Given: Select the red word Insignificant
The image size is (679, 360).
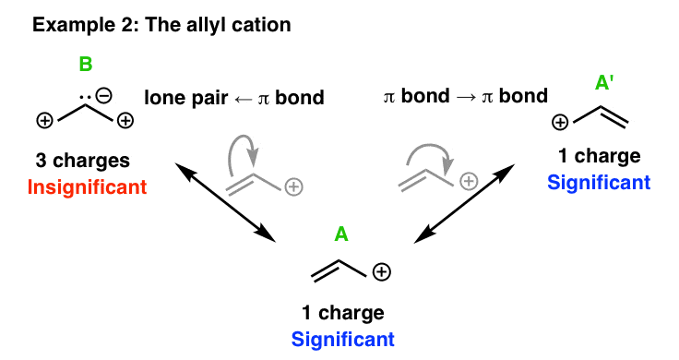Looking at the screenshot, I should click(x=88, y=186).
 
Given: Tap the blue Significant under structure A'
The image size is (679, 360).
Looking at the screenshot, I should click(x=599, y=182).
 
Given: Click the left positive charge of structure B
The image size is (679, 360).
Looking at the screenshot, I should click(x=42, y=120).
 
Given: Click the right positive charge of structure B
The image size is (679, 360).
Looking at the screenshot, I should click(x=127, y=120).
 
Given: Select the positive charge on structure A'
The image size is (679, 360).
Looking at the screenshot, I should click(x=558, y=121).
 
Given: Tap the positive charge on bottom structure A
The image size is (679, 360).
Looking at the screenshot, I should click(x=382, y=271).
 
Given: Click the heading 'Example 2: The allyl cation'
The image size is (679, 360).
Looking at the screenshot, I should click(x=162, y=25).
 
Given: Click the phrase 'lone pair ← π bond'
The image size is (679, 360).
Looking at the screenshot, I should click(x=233, y=96).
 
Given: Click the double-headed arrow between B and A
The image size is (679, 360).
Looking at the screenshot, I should click(x=225, y=200).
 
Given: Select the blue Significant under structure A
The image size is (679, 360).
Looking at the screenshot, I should click(x=343, y=339).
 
